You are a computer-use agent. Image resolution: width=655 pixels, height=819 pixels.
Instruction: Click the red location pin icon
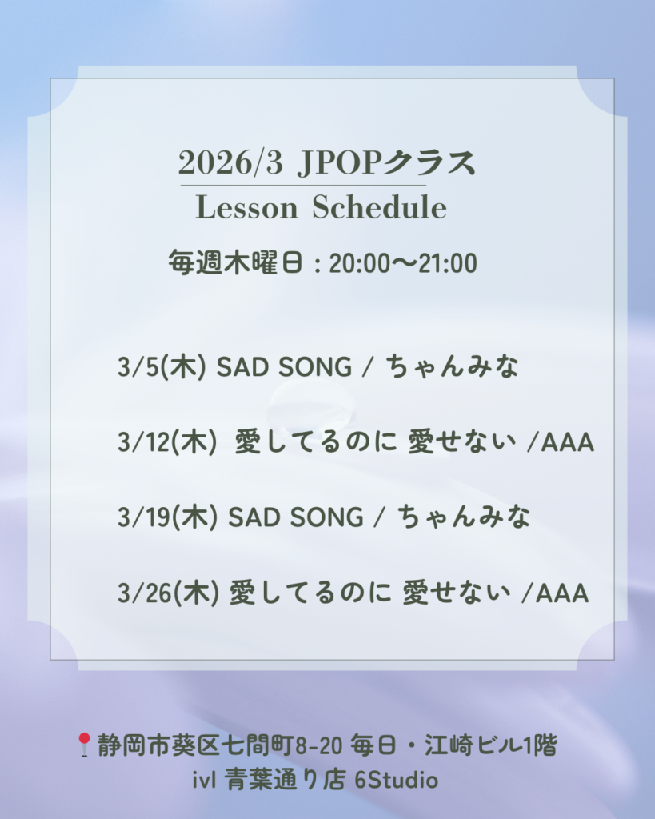point(84,745)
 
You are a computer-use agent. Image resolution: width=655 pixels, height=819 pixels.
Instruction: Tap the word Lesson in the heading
point(246,207)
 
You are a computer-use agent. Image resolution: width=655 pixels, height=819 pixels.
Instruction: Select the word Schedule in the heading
point(380,207)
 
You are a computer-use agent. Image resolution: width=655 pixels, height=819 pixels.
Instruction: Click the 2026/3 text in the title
point(230,162)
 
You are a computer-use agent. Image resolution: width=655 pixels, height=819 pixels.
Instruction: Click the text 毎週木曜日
point(236,262)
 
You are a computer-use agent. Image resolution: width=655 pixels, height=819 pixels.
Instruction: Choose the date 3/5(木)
point(162,366)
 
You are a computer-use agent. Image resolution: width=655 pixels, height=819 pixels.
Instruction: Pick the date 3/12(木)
point(167,441)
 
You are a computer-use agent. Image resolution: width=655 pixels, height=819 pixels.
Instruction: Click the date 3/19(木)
point(167,517)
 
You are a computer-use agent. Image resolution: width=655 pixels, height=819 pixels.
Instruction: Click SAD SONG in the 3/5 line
point(284,366)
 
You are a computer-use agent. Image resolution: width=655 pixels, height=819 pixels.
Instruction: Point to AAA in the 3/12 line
point(568,442)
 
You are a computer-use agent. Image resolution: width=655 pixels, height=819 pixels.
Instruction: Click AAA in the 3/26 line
point(562,593)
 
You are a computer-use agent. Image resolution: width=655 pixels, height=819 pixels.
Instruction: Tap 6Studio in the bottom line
point(397,781)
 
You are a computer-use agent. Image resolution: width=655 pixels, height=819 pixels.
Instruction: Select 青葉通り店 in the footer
point(286,781)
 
